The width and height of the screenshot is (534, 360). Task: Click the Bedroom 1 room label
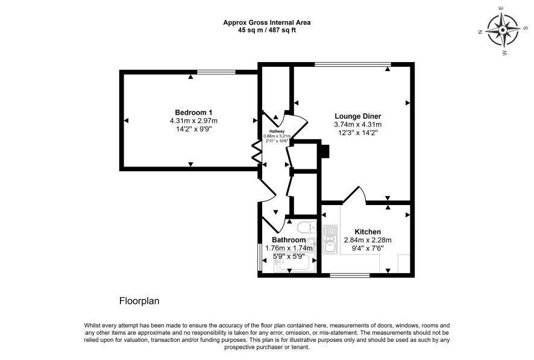click(x=193, y=112)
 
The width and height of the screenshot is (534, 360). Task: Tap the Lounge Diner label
click(x=358, y=116)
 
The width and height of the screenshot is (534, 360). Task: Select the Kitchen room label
click(x=368, y=232)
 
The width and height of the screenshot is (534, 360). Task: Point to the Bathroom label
click(x=289, y=240)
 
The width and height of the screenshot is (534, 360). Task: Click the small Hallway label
click(x=277, y=131)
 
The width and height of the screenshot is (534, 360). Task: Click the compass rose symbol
click(x=503, y=31)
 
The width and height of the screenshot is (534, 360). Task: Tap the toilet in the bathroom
click(x=307, y=227)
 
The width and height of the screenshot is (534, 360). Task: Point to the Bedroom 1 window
click(x=216, y=72)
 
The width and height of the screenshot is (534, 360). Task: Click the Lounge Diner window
click(x=353, y=65)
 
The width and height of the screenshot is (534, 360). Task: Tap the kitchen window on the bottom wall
click(x=350, y=275)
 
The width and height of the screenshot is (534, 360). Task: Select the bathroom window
click(x=260, y=257)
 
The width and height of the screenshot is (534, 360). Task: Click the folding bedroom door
click(x=256, y=151)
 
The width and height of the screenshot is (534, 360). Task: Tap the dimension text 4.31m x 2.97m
click(x=193, y=121)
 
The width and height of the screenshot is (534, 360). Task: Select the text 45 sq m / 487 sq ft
click(x=266, y=30)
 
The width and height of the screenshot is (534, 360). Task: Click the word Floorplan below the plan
click(x=139, y=301)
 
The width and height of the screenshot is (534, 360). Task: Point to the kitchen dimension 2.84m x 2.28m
click(x=368, y=240)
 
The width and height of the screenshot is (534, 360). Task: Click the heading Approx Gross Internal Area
click(x=266, y=22)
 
